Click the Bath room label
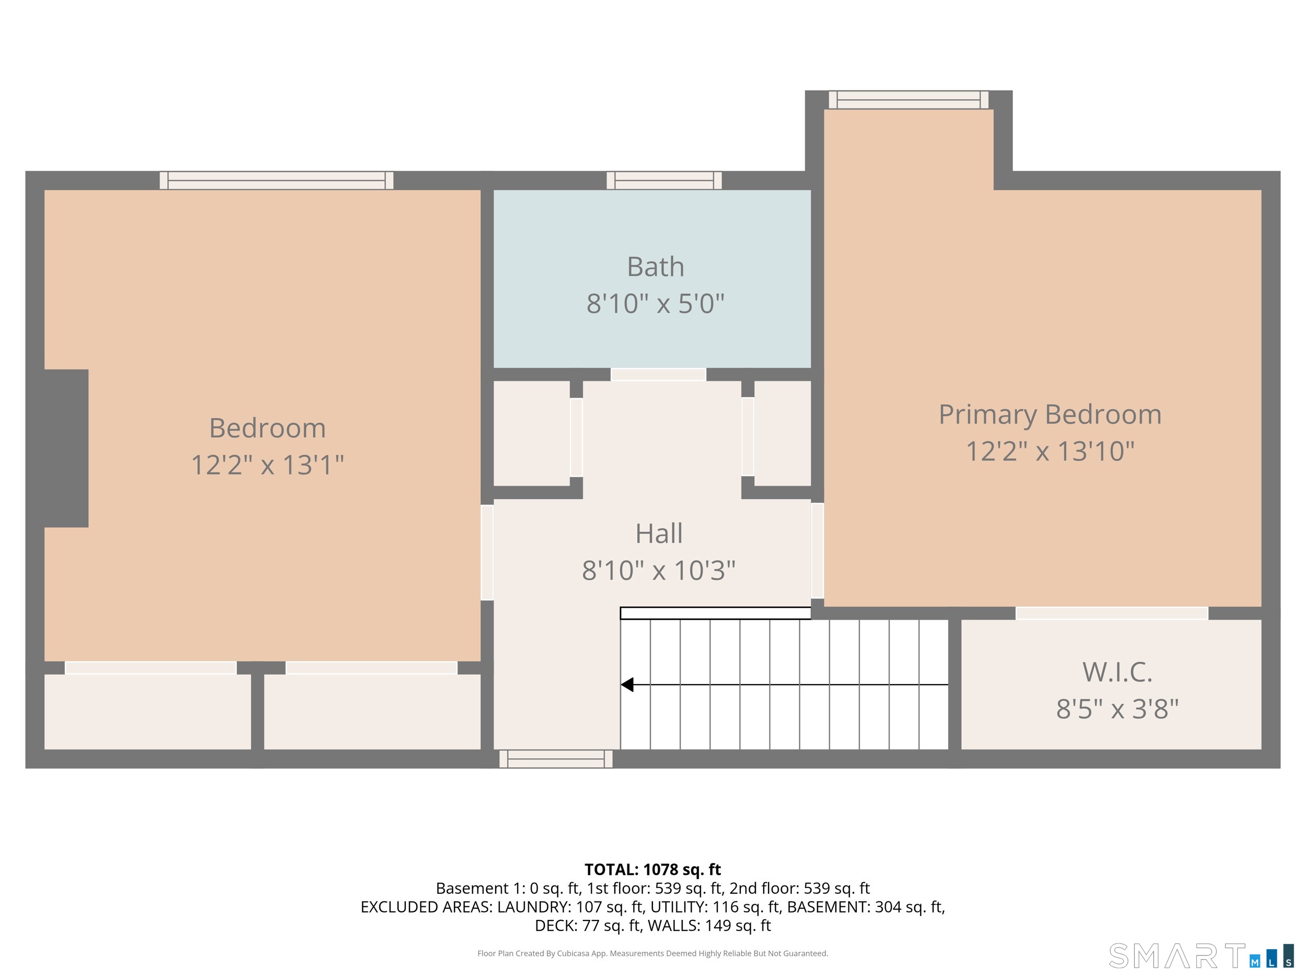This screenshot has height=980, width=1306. click(656, 267)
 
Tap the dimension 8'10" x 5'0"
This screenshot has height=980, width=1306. click(656, 304)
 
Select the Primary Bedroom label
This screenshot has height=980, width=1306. click(1050, 414)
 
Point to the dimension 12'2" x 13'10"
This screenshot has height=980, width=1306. click(1050, 451)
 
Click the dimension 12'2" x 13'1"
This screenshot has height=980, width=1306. click(267, 465)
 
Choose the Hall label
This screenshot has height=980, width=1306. click(659, 534)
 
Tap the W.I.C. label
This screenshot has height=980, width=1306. click(1117, 672)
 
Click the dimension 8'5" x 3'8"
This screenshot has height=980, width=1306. click(1117, 709)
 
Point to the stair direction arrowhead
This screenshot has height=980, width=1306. click(627, 685)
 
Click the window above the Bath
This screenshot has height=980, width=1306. click(664, 180)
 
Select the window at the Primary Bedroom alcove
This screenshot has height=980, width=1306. click(908, 100)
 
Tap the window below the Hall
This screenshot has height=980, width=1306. click(556, 759)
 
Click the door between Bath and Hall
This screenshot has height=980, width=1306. click(658, 375)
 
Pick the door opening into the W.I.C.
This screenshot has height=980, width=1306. click(1112, 613)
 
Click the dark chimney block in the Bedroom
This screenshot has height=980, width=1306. click(66, 448)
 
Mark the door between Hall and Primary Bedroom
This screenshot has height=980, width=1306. click(817, 550)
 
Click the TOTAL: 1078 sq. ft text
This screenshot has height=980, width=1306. click(652, 870)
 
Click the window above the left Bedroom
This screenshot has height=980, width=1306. click(276, 180)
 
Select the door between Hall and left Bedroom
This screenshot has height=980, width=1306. click(487, 552)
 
